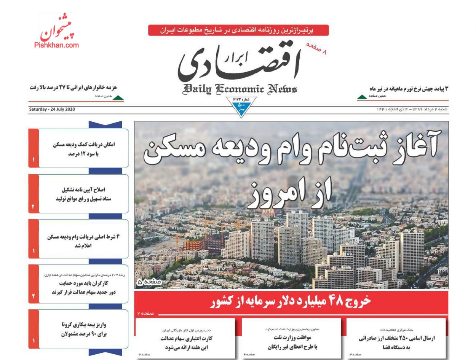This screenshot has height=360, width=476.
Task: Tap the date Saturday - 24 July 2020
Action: click(x=52, y=110)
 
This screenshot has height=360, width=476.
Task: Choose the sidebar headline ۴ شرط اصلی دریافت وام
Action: click(x=83, y=241)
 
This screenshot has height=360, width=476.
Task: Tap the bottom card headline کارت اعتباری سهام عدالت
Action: click(x=186, y=343)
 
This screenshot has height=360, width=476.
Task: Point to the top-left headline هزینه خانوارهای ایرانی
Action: click(x=77, y=88)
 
